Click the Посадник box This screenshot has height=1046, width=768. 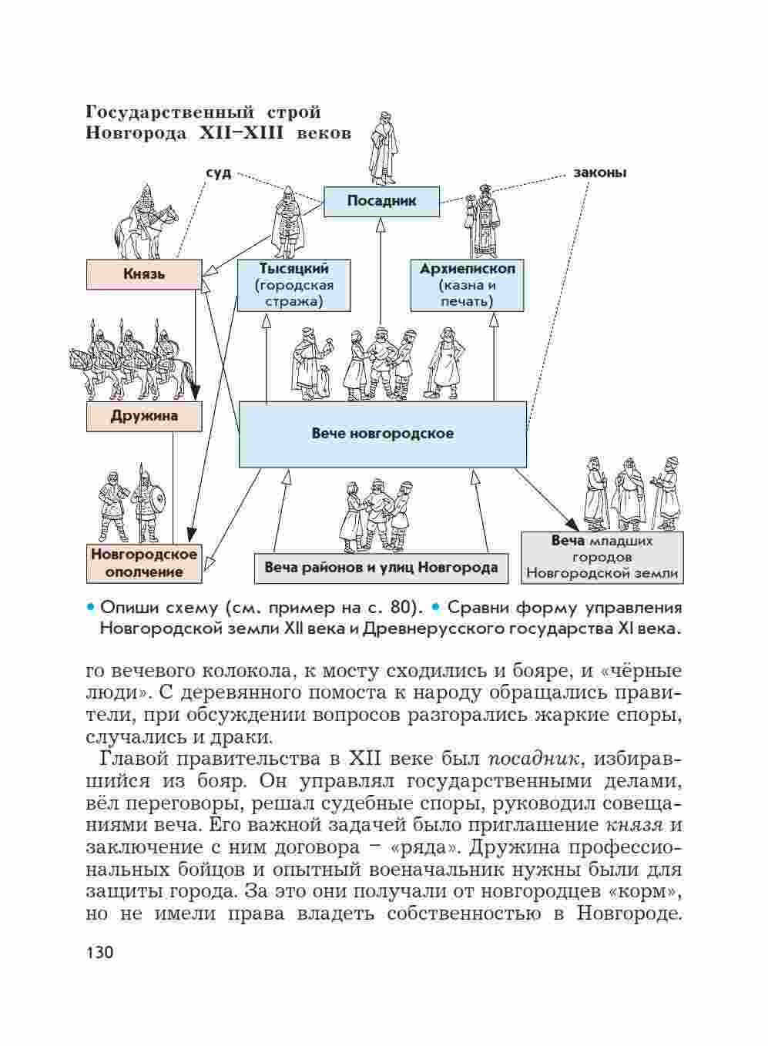(381, 201)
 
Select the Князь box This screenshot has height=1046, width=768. (144, 274)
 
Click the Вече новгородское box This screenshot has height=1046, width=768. (382, 434)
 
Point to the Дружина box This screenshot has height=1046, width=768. (144, 417)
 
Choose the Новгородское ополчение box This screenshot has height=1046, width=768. (144, 563)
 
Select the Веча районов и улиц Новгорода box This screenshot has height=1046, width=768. (381, 568)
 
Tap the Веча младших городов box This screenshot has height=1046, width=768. (602, 557)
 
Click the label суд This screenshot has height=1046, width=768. (218, 173)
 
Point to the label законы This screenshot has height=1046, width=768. (599, 173)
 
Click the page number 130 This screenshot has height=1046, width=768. (100, 953)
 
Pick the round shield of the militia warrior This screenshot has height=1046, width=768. (155, 502)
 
